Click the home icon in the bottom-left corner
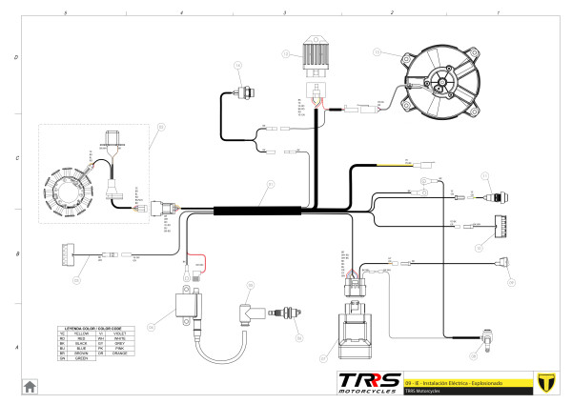[x=31, y=386]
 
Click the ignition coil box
[x=186, y=310]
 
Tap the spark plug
[x=283, y=313]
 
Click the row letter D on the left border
[x=16, y=57]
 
